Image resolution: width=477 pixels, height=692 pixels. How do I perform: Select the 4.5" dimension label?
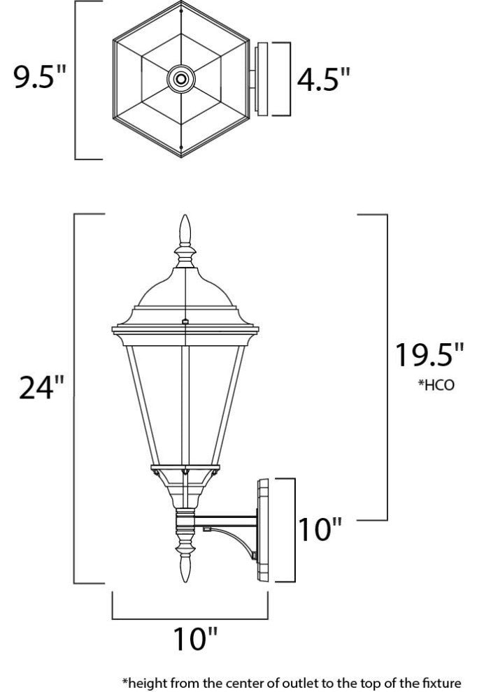coord(323,80)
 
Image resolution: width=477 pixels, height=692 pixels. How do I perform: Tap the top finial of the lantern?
coord(185,231)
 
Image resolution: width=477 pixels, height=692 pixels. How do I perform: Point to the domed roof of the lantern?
coord(185,290)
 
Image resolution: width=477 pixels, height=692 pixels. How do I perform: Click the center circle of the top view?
coord(182,79)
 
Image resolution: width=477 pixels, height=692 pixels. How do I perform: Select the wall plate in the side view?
coord(264,530)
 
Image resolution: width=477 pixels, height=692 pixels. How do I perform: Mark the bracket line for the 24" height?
coord(76,398)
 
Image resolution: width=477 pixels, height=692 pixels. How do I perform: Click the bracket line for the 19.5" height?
coord(387,367)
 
